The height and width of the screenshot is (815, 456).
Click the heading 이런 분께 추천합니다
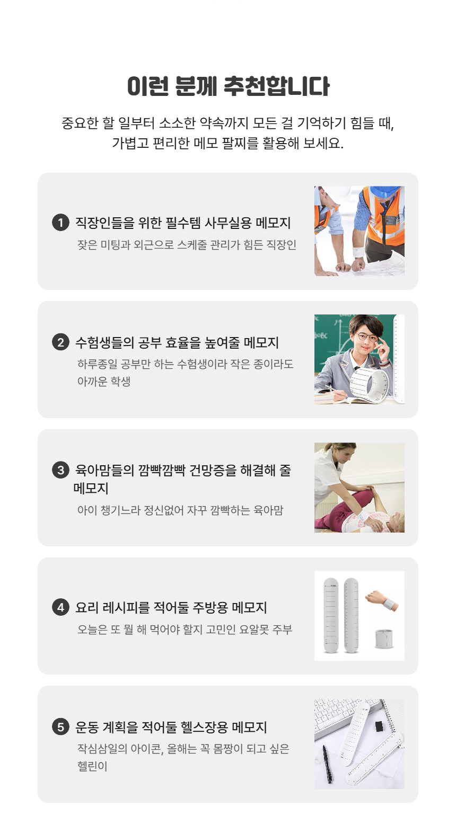[x=228, y=86]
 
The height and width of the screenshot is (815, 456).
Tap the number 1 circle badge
[x=61, y=223]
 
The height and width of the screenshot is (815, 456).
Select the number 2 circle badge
[x=61, y=342]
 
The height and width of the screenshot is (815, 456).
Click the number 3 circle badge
[x=61, y=470]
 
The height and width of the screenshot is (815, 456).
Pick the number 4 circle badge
[x=61, y=607]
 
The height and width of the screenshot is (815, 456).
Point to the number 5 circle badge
[x=61, y=727]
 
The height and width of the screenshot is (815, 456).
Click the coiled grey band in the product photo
[x=384, y=639]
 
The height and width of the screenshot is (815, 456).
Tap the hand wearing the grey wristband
[x=382, y=600]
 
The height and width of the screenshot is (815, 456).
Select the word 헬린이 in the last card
[x=92, y=766]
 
